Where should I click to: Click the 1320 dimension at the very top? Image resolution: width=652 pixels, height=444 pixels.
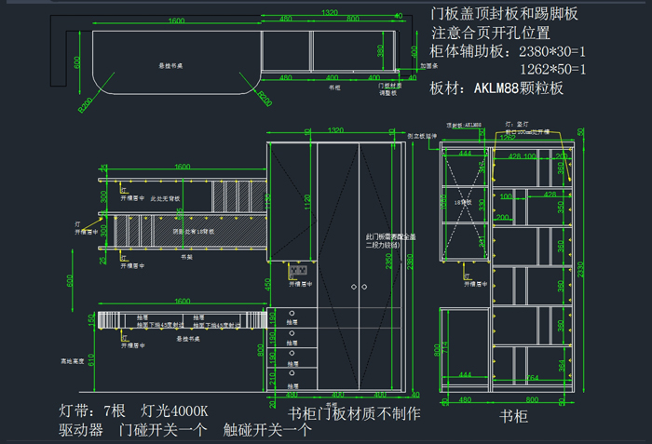click(x=329, y=12)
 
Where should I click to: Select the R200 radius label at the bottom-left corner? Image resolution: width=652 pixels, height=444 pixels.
click(x=85, y=105)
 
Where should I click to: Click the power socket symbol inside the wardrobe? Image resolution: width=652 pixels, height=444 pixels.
click(x=298, y=271)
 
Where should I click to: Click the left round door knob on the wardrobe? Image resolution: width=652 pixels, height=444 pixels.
click(x=352, y=289)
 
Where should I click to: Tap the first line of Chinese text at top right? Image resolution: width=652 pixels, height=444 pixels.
click(x=505, y=15)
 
